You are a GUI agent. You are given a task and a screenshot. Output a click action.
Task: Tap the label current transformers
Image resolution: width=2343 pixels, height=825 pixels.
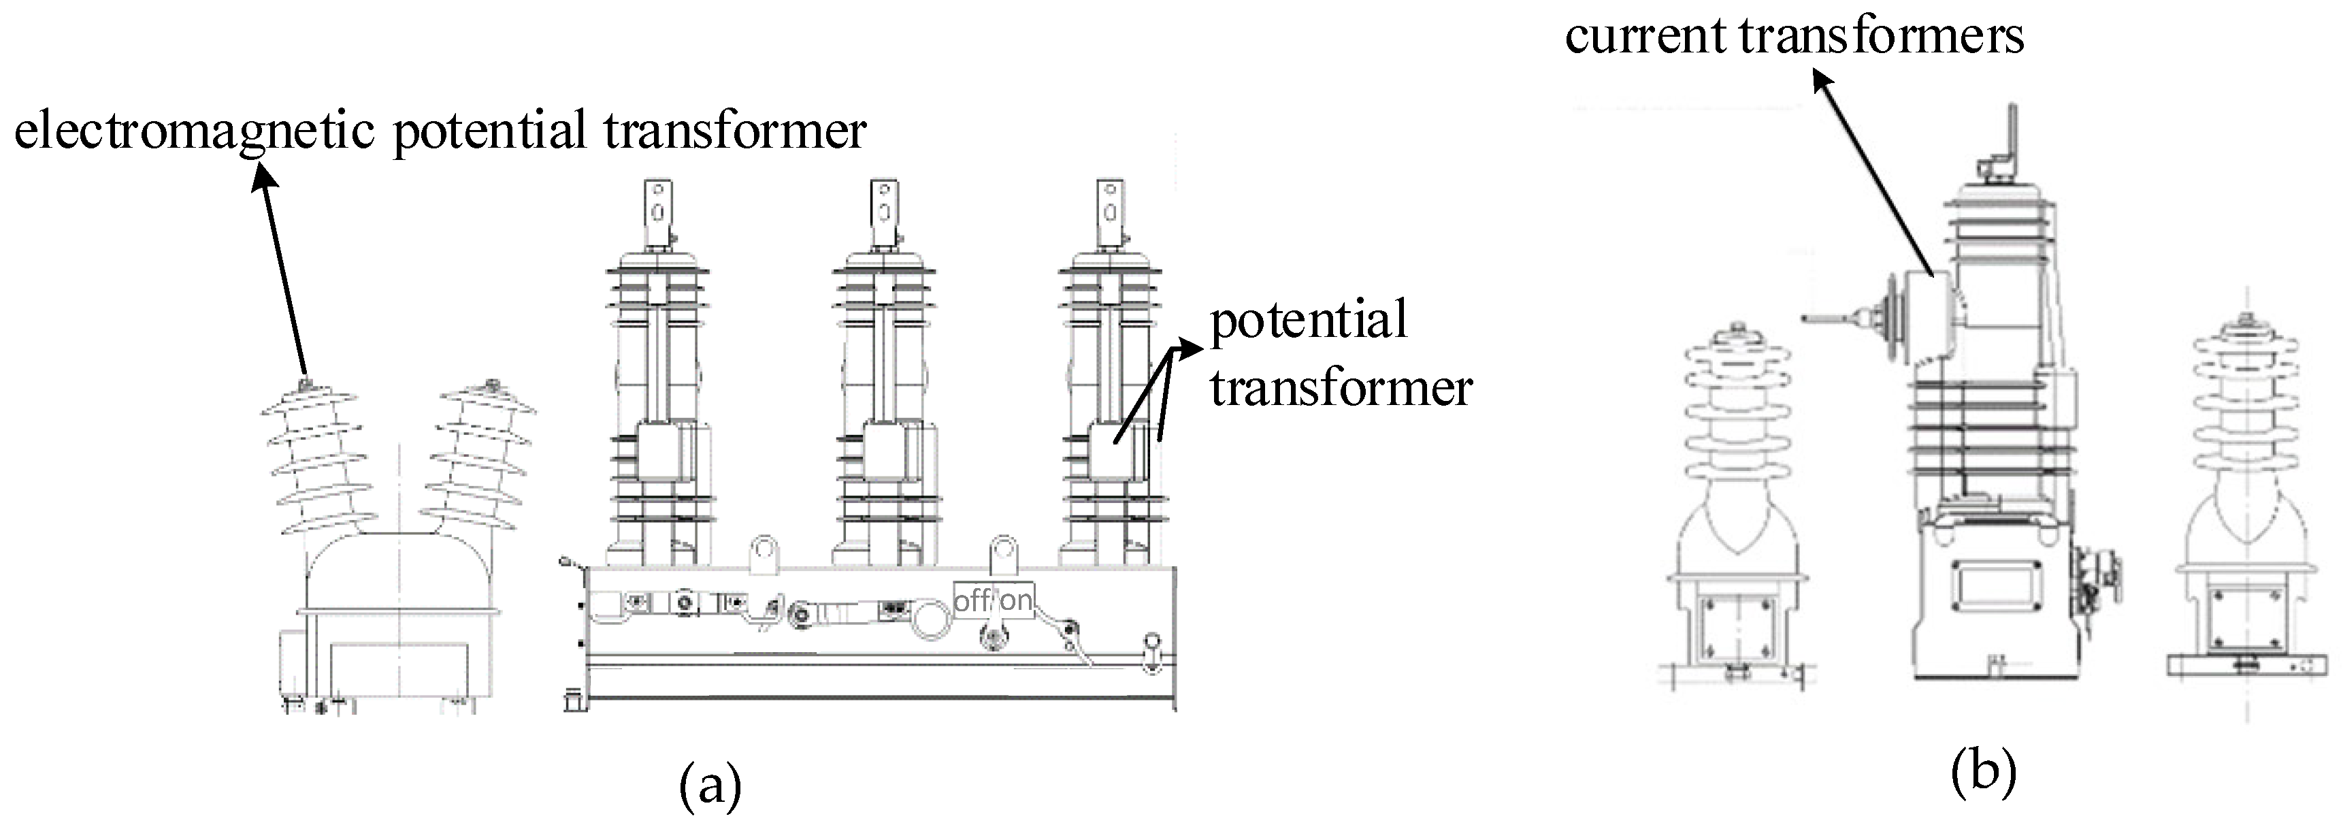pos(1794,36)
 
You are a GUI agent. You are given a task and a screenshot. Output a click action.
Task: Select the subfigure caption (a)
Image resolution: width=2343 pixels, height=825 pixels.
pos(710,784)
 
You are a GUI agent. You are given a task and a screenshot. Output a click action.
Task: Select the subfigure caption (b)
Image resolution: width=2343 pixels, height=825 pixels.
pos(1984,772)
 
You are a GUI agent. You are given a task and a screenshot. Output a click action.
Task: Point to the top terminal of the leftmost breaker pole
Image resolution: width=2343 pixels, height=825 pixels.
pos(657,214)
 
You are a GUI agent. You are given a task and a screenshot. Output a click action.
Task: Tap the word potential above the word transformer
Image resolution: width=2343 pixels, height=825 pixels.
pos(1309,321)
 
